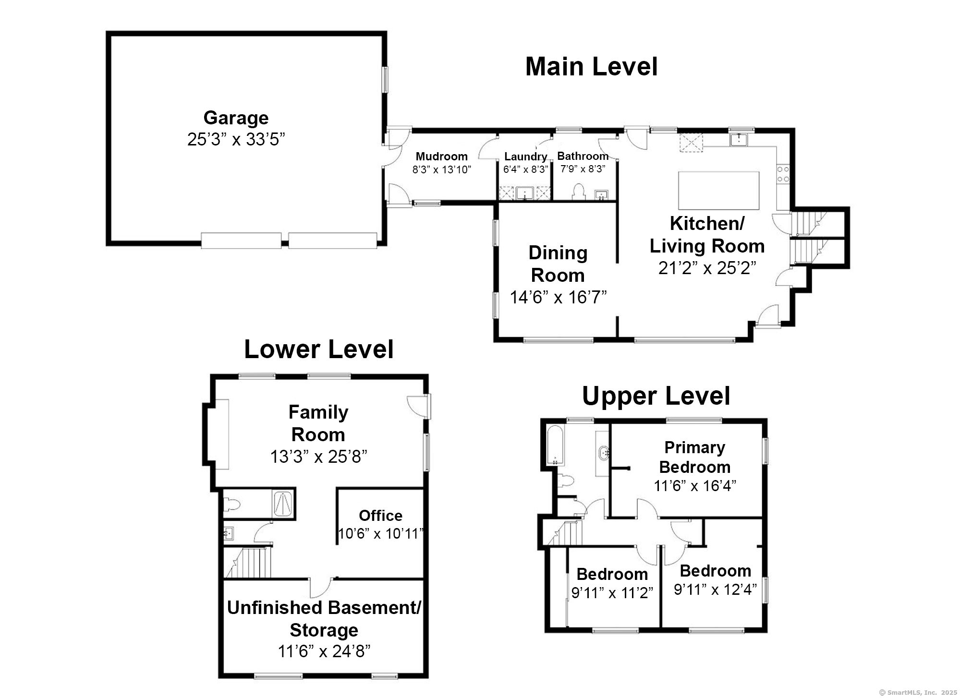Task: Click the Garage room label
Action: (236, 118)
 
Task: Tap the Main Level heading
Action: (591, 66)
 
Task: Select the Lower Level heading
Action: (319, 349)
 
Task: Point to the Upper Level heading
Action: (656, 396)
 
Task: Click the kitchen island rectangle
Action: (718, 190)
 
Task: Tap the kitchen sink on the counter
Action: (739, 140)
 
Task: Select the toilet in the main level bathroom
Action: (579, 192)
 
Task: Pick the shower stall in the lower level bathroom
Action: (283, 504)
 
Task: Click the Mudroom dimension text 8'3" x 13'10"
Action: (442, 169)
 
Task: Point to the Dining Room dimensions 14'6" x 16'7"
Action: (558, 297)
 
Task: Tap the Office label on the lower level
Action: (380, 516)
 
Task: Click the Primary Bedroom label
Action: (695, 457)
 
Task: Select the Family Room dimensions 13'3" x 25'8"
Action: (318, 457)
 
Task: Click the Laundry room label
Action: (525, 156)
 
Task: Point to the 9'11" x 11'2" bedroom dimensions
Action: (612, 593)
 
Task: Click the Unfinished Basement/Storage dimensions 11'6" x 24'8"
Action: (324, 651)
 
